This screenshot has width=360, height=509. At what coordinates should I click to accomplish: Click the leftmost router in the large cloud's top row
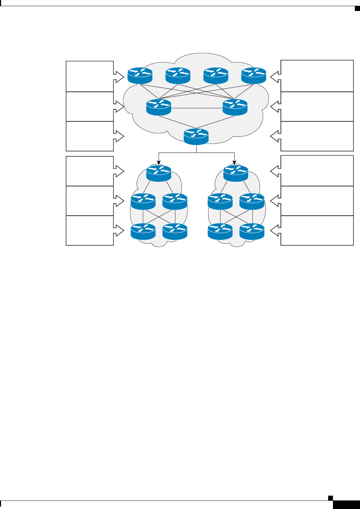coord(140,75)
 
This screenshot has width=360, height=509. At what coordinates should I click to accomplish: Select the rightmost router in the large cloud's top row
coord(254,75)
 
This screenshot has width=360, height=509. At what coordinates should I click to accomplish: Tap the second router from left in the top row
coord(178,75)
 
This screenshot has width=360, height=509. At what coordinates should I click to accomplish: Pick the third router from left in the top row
coord(216,75)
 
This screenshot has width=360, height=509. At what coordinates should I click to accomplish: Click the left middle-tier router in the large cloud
coord(159,107)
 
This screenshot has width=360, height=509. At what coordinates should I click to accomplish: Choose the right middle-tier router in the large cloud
coord(235,107)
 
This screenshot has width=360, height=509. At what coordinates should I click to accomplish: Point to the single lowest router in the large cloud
coord(196,136)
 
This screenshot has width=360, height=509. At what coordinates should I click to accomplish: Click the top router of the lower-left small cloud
coord(159,173)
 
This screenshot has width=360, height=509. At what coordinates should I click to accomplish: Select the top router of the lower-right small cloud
coord(236,173)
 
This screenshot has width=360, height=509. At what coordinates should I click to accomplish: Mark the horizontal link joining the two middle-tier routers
coord(197,108)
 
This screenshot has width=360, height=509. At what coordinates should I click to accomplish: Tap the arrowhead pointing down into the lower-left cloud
coord(158,162)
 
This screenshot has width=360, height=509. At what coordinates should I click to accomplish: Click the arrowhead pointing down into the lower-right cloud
coord(235,162)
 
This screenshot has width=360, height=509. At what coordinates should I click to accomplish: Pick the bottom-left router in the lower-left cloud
coord(143,231)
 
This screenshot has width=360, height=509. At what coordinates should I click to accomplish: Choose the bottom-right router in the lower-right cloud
coord(252,231)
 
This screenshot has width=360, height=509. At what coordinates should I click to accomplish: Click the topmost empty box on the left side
coord(90,76)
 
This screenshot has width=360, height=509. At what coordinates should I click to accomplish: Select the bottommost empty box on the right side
coord(317,230)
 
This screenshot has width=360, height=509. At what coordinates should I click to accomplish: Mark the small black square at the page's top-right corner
coord(357,8)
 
